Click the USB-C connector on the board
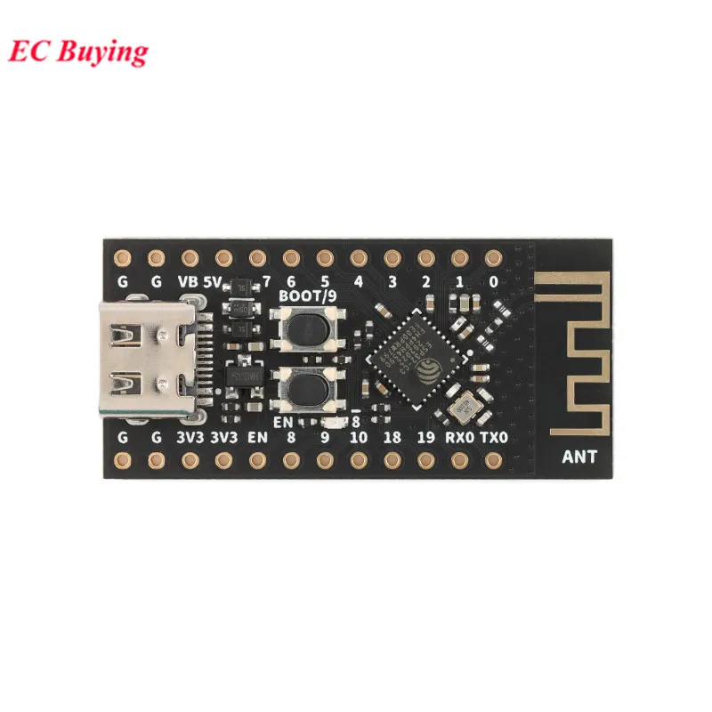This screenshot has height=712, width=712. coord(146,360)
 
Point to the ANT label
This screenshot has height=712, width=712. coord(580,458)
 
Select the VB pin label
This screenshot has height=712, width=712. coord(189,282)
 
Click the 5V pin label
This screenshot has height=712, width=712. coord(213,282)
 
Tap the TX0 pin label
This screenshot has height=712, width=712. coord(494,437)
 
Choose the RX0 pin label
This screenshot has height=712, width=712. coord(459,437)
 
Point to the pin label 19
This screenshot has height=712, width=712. coord(426,437)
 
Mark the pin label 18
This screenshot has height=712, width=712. coord(392,437)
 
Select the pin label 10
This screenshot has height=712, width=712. coord(359,437)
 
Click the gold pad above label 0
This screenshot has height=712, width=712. coord(493,258)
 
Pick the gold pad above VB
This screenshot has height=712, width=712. coord(190,258)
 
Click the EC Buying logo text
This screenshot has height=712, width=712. coord(78,52)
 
